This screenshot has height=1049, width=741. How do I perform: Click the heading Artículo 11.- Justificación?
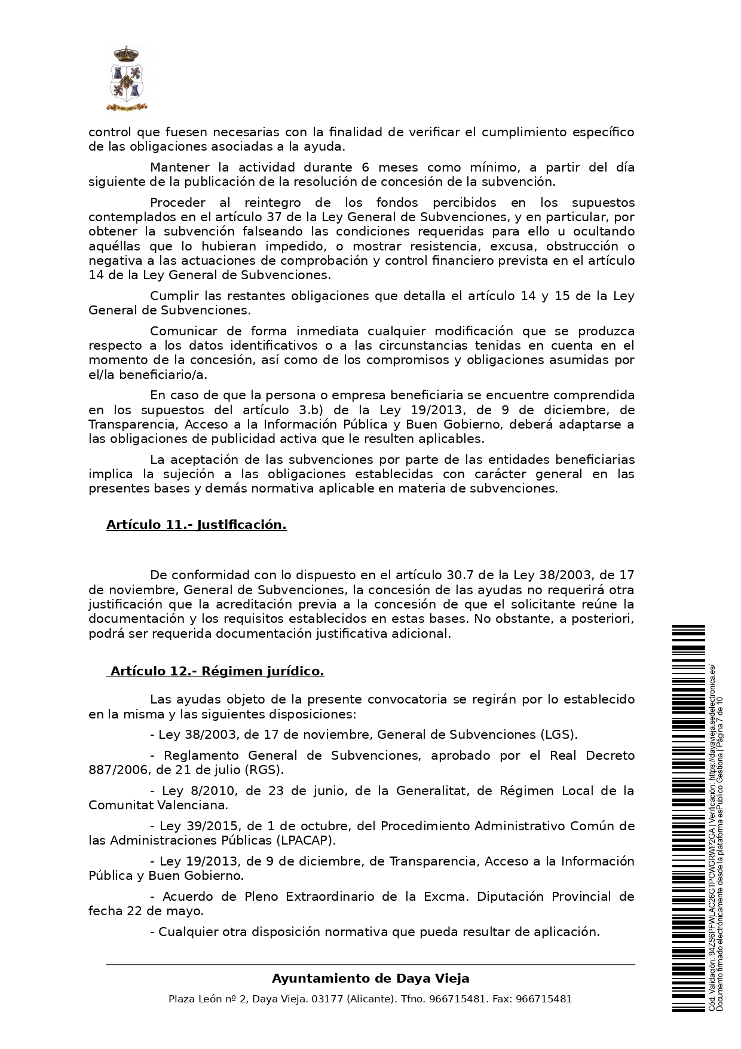click(x=196, y=525)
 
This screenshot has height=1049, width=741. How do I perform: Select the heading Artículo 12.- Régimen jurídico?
click(x=216, y=671)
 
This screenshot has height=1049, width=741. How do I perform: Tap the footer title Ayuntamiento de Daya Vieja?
click(x=370, y=978)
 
